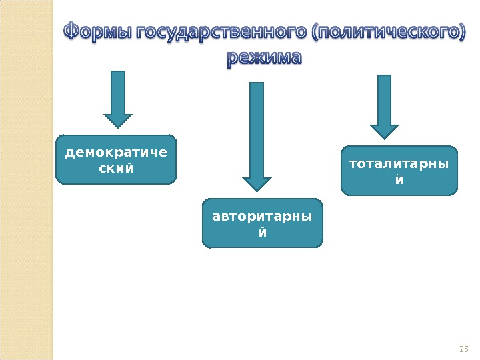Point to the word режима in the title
click(x=264, y=59)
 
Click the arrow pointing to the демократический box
click(x=119, y=99)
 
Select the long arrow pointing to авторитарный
click(x=256, y=137)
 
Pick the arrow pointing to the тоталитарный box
click(x=384, y=107)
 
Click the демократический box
click(x=117, y=160)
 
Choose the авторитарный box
click(x=263, y=223)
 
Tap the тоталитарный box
click(x=399, y=171)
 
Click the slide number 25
click(x=465, y=349)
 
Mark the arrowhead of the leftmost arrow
click(x=119, y=120)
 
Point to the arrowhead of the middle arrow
click(x=256, y=185)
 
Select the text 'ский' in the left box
click(x=116, y=168)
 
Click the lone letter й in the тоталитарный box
click(x=399, y=180)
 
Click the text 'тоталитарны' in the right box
click(x=399, y=163)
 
